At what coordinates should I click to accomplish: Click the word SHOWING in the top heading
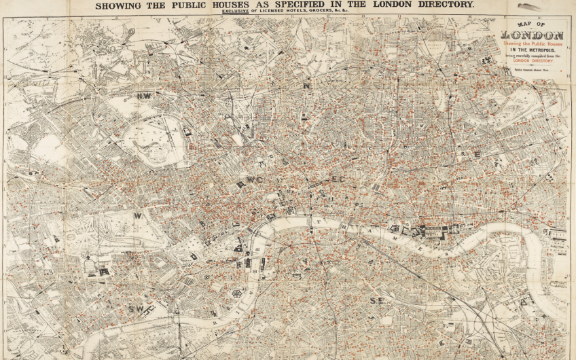pyautogui.click(x=118, y=5)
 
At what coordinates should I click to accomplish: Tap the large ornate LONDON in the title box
pyautogui.click(x=533, y=35)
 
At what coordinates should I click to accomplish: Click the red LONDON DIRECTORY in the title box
pyautogui.click(x=533, y=60)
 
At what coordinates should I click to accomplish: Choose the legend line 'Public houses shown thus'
pyautogui.click(x=530, y=69)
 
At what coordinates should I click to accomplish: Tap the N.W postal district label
pyautogui.click(x=144, y=96)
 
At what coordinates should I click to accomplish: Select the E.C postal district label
pyautogui.click(x=338, y=179)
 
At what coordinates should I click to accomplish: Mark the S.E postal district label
pyautogui.click(x=378, y=300)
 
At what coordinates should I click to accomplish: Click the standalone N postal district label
pyautogui.click(x=307, y=86)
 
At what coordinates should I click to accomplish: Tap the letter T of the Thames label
pyautogui.click(x=317, y=221)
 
